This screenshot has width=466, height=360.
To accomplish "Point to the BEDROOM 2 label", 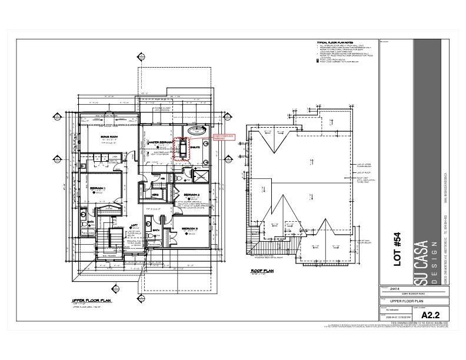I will pyautogui.click(x=191, y=195).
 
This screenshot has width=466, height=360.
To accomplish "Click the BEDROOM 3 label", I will pyautogui.click(x=190, y=228).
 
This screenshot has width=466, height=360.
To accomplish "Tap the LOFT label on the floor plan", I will pyautogui.click(x=134, y=225).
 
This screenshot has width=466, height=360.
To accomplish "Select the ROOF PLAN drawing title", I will pyautogui.click(x=261, y=271).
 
